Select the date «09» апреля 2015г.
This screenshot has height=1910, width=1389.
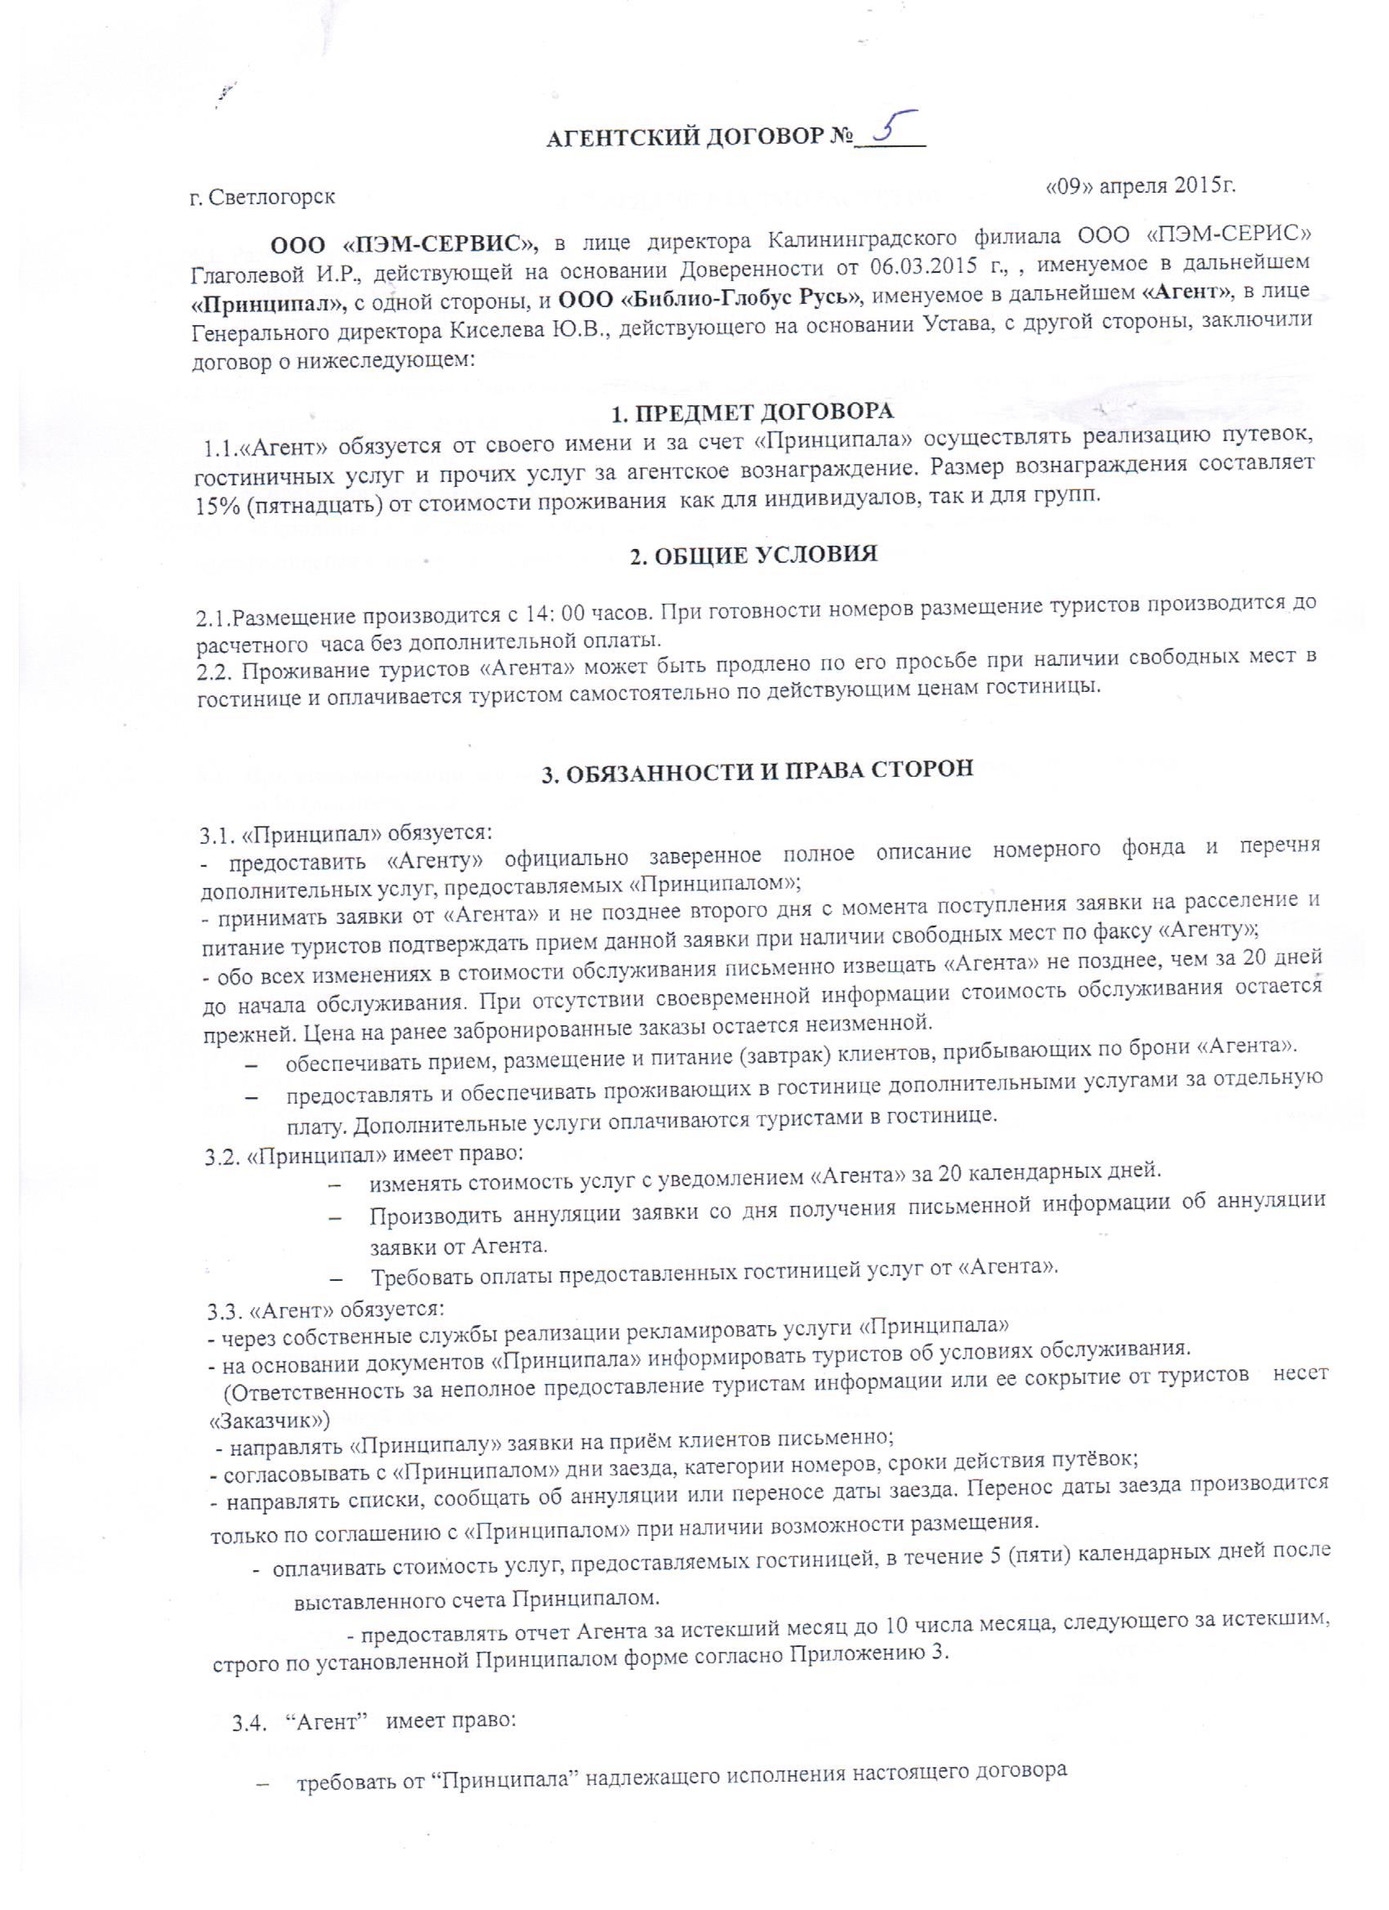click(1140, 185)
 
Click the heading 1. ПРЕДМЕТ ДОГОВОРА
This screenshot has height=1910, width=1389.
click(750, 413)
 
